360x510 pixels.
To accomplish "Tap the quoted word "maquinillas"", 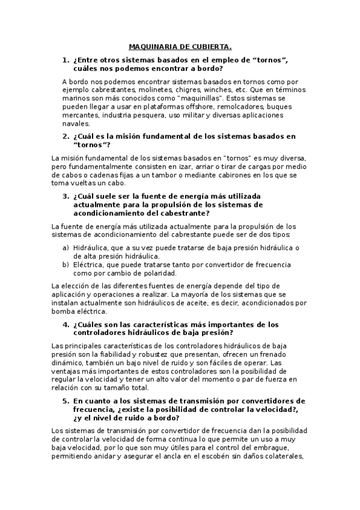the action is [198, 97].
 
